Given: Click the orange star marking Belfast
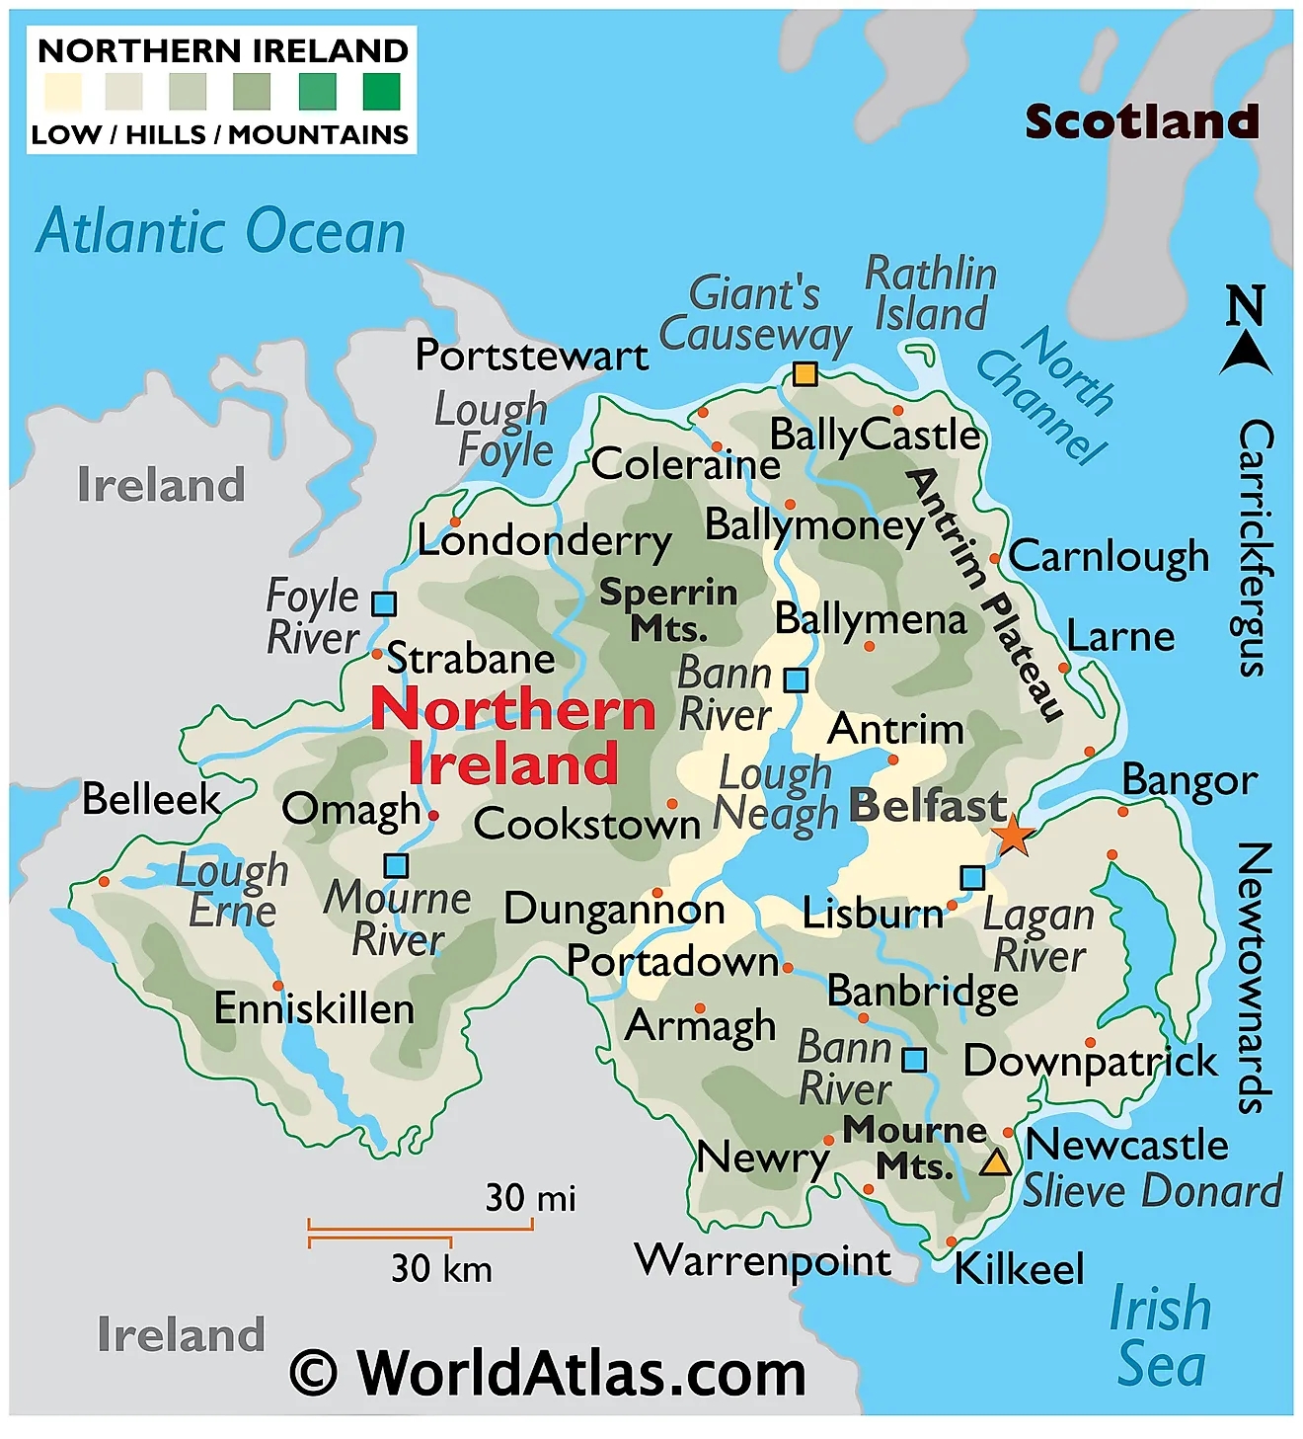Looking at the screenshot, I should tap(1013, 837).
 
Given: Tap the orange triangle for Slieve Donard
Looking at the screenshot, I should tap(995, 1162).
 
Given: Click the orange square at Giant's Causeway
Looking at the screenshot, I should tap(805, 374).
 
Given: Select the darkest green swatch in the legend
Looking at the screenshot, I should tap(381, 92).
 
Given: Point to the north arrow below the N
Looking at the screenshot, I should tap(1245, 354).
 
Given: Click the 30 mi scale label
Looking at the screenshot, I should tap(530, 1198).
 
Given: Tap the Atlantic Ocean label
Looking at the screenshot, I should tap(221, 232).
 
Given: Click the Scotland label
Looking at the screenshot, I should tap(1142, 121).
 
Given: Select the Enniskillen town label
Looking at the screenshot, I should tap(314, 1009).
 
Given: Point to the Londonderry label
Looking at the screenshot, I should tap(544, 541).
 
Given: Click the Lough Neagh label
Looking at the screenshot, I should tap(776, 793).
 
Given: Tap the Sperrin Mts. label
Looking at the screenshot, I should tap(668, 609).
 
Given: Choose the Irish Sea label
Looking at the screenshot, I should tap(1161, 1336).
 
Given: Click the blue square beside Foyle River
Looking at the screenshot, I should tap(384, 603).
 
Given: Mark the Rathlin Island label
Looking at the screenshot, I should tap(931, 293).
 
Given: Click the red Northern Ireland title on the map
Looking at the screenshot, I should tap(513, 736).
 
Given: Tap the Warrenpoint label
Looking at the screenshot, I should tap(763, 1261).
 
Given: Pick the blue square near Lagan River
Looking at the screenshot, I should tap(972, 877).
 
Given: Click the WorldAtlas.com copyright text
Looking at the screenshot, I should tap(549, 1373).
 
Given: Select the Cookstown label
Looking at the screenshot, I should tap(586, 825).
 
